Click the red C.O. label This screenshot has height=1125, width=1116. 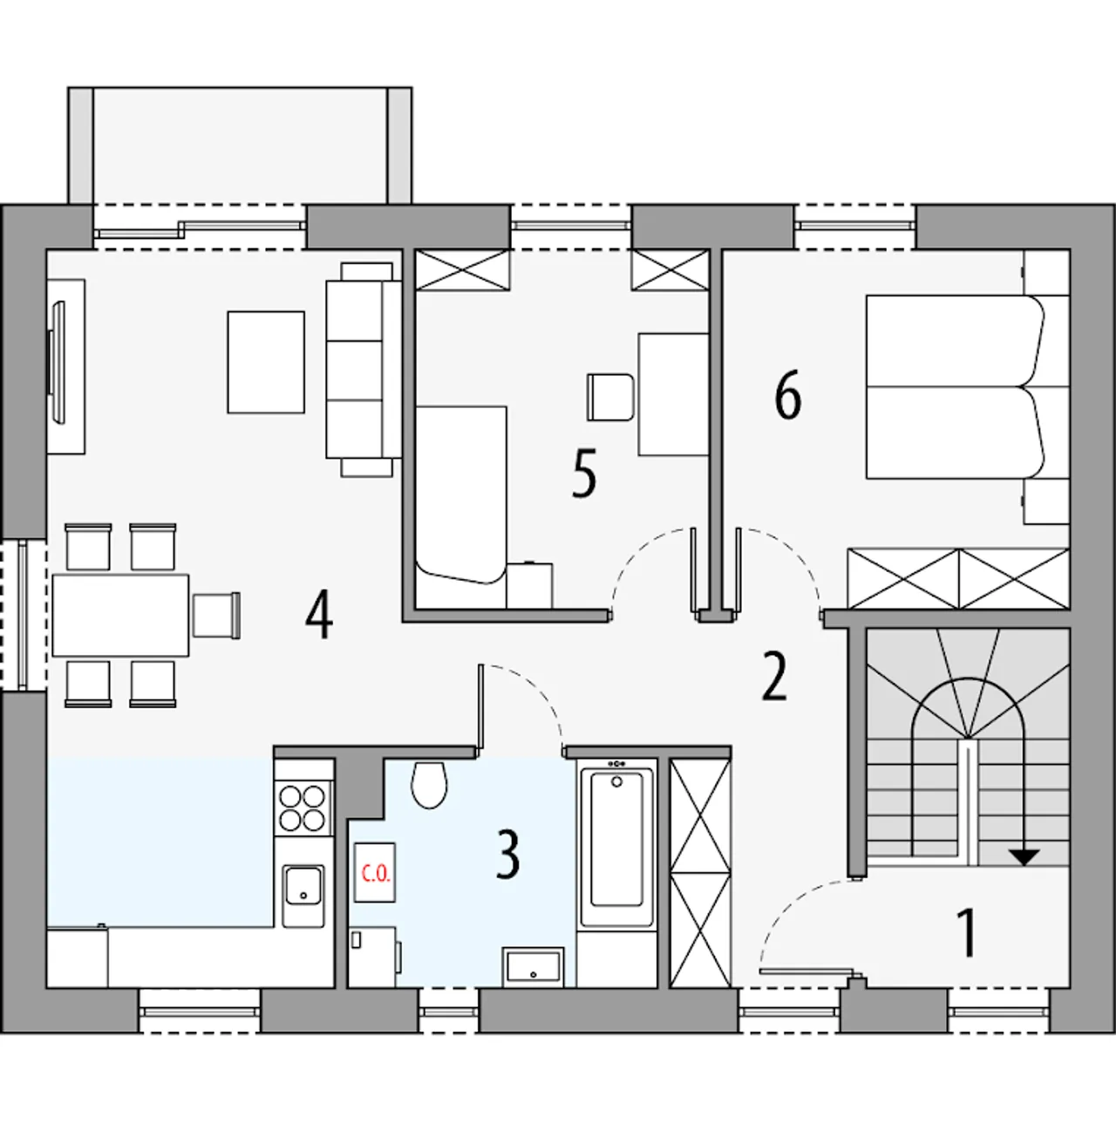coord(376,874)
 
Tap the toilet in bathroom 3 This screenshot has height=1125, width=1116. coord(429,784)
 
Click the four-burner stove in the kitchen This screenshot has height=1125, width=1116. coord(303,808)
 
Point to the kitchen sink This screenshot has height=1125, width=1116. coord(303,896)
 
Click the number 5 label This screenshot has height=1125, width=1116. coord(584,474)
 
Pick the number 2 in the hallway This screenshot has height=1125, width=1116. coord(774,678)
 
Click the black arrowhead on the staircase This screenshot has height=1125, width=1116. coord(1024,857)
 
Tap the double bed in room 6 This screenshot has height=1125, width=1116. coord(956,386)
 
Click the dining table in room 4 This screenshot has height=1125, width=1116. coord(121,616)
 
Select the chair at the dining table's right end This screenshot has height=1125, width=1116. coord(216,616)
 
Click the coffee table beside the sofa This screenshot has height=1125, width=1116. coord(266,363)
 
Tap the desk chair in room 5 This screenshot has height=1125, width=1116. coord(610,397)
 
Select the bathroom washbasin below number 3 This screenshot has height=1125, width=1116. coord(534,967)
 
